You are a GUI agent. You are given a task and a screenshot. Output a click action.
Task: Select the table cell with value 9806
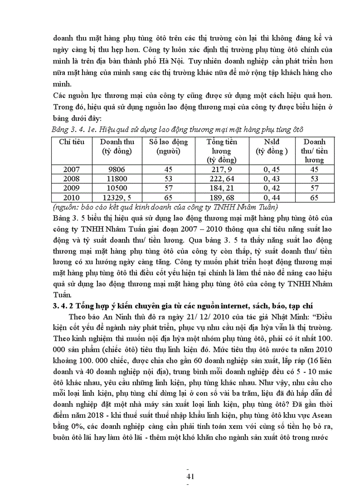(x=114, y=169)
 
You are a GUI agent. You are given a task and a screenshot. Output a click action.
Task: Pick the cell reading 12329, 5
(x=114, y=197)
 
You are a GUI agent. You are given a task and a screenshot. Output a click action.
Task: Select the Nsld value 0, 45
(x=272, y=169)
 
